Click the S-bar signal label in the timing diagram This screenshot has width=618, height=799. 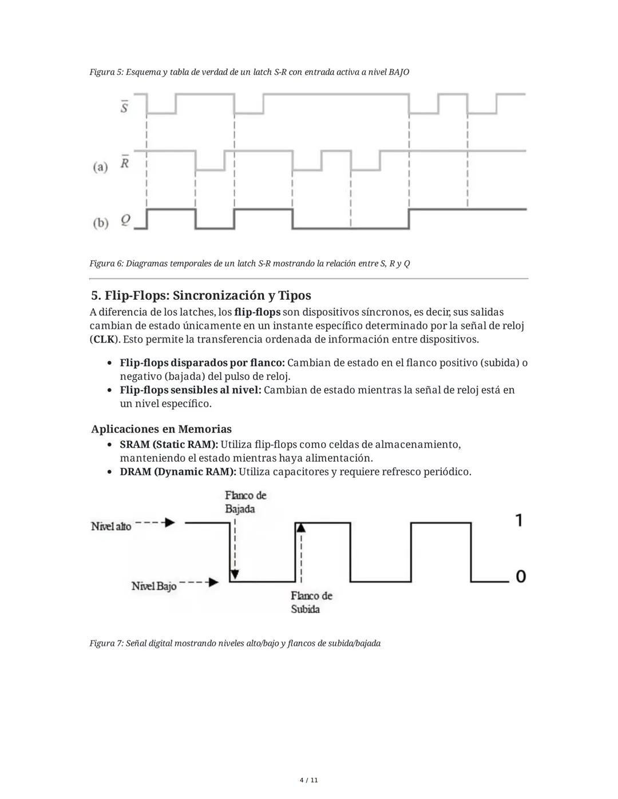click(x=124, y=107)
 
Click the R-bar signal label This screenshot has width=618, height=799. click(x=124, y=162)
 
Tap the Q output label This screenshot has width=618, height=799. click(x=125, y=220)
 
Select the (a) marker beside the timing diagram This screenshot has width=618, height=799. click(x=100, y=167)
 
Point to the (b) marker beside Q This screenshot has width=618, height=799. click(x=101, y=223)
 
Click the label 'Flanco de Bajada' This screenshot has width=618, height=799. click(x=245, y=502)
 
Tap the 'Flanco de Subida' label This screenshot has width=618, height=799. click(x=311, y=602)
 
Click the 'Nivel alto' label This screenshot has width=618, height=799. click(x=111, y=526)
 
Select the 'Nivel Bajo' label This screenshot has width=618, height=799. click(x=154, y=586)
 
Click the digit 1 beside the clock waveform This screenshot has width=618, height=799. click(x=518, y=520)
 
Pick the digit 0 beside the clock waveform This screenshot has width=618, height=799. click(x=520, y=576)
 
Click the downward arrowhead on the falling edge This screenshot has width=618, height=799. click(x=235, y=574)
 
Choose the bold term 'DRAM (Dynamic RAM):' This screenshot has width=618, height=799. click(x=177, y=472)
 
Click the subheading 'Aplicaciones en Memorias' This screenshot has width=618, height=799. click(x=161, y=429)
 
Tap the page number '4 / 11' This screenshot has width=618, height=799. click(x=309, y=780)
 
